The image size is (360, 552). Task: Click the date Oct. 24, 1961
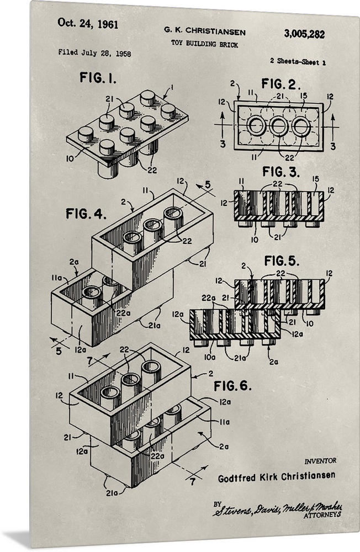88,24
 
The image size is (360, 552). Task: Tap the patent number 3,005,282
304,34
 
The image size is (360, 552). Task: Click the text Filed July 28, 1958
94,53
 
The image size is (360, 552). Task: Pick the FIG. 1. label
98,78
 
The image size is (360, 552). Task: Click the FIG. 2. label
281,84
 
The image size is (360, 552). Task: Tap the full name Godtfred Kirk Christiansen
276,476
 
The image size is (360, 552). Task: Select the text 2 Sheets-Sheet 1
298,62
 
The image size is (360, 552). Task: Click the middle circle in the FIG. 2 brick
279,126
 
